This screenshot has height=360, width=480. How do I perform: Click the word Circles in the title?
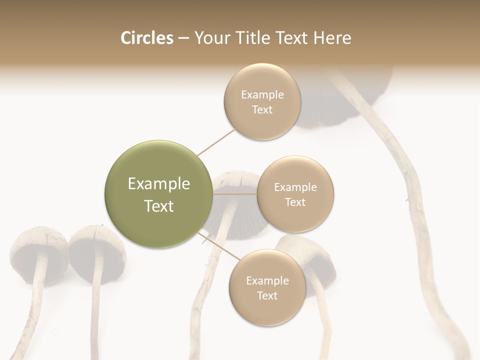pos(147,38)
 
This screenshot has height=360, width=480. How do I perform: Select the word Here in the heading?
pos(332,38)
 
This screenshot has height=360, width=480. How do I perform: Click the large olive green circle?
pos(159,194)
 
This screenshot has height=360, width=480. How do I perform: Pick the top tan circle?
pos(262,102)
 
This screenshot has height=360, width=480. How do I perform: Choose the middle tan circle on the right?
pos(295,194)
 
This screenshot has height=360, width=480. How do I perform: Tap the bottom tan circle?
pos(267,288)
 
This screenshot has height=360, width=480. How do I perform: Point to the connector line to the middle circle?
pos(235,194)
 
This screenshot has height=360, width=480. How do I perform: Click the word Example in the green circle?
pos(159,184)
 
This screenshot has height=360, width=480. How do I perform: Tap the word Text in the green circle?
pos(159,206)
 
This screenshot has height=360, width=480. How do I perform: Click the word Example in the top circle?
pos(262,95)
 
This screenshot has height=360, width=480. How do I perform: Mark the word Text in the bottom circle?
pos(267,295)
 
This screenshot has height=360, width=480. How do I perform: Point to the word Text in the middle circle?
pos(295,202)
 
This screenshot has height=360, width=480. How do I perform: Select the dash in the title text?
pos(183,38)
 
